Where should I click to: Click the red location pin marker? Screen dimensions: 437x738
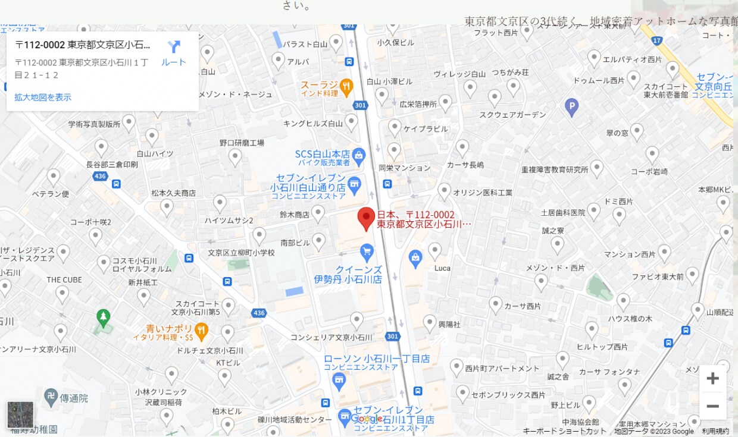366,218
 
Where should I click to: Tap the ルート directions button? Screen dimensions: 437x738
174,54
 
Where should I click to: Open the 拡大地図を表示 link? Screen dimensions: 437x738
43,97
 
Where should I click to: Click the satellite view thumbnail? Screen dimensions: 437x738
20,414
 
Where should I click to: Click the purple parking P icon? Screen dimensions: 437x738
571,108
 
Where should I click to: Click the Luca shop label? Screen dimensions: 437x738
442,268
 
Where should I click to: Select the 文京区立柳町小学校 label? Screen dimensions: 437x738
241,253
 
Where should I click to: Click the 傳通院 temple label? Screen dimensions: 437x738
73,398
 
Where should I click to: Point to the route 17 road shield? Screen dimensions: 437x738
656,40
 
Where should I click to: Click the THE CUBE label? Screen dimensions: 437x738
64,280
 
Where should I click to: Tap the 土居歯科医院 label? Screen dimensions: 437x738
562,212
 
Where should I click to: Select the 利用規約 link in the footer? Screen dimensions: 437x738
715,431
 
